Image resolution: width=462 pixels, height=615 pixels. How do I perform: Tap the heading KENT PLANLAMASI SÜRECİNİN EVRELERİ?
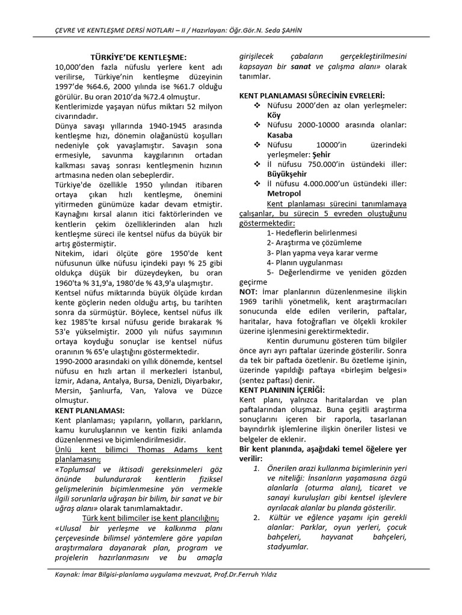click(x=312, y=95)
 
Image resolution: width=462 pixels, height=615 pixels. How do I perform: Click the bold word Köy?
click(x=274, y=115)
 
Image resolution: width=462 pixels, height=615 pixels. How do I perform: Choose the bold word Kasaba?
click(x=280, y=135)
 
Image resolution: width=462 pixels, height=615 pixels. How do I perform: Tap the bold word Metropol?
click(x=284, y=194)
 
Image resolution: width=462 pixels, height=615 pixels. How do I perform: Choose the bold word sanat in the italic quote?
click(x=300, y=66)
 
